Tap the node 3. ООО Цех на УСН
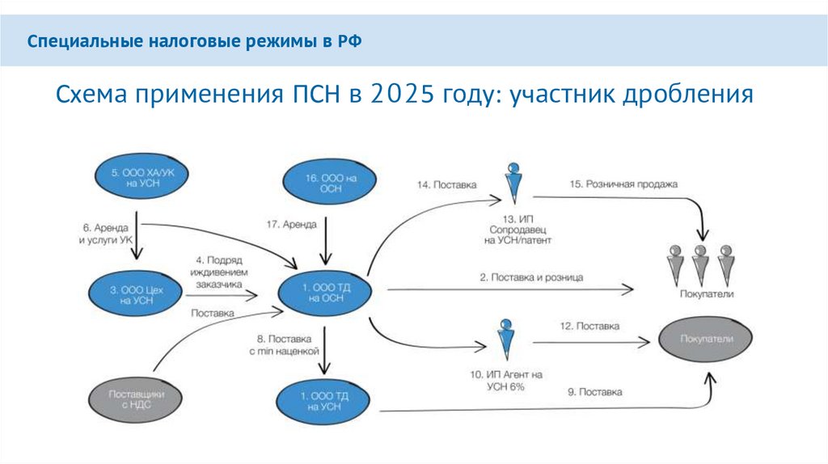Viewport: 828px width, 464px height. [133, 293]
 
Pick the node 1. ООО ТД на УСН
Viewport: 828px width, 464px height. [323, 403]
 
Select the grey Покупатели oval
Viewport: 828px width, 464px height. [707, 340]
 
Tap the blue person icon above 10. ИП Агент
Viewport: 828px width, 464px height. [507, 340]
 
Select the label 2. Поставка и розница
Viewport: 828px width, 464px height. [531, 277]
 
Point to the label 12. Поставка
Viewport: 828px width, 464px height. [589, 327]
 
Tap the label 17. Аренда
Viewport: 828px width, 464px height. [291, 224]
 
